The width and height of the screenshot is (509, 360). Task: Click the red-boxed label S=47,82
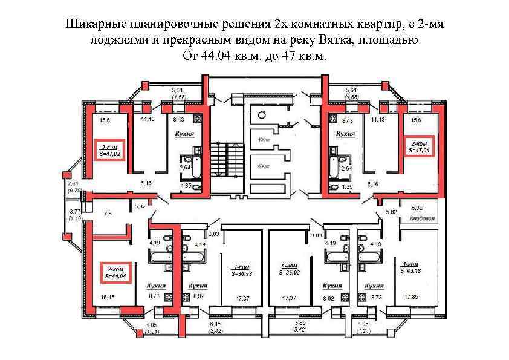click(110, 150)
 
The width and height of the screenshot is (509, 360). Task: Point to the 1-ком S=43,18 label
click(410, 267)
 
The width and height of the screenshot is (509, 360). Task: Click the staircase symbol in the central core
click(227, 162)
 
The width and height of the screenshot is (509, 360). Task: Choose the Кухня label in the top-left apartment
click(184, 134)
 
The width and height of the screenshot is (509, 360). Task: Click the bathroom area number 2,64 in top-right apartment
click(346, 168)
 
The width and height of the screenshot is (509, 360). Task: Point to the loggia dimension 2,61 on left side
click(74, 183)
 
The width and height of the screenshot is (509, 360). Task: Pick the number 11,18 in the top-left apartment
click(148, 120)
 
